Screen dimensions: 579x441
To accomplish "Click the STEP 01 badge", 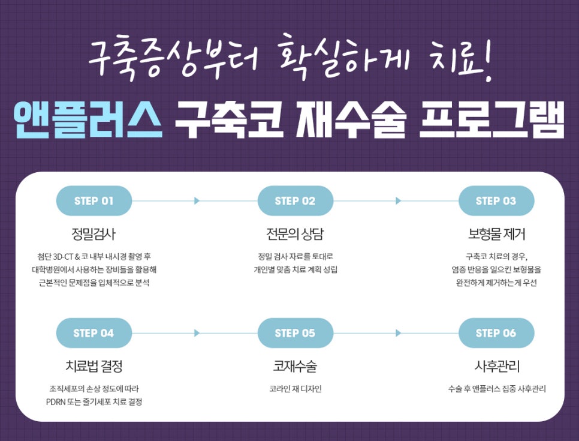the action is (94, 201).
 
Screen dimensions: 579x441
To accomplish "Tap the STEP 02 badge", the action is (295, 201).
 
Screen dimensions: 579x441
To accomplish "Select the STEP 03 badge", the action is (496, 201).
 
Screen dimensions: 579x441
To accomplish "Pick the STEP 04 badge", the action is (94, 333).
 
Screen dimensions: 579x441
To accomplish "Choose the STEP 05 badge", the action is (295, 333).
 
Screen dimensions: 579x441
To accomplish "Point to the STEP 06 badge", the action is (496, 333).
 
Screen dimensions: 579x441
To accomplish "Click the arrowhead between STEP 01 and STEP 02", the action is (197, 201).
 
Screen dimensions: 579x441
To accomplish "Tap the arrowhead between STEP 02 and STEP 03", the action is (398, 201).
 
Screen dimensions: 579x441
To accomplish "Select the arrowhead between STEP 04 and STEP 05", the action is (197, 333).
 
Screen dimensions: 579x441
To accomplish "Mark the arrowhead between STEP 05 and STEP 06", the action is (398, 333).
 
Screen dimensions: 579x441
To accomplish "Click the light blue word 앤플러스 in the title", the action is (88, 120).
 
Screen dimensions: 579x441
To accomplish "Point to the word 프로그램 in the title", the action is (492, 120).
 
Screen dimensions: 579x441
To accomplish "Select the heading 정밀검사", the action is (94, 234).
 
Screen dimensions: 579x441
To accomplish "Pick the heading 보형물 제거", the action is (496, 234).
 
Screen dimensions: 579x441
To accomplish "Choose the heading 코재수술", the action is (295, 366).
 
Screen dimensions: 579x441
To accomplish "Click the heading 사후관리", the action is (497, 366).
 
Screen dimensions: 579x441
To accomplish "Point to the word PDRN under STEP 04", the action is (55, 402).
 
